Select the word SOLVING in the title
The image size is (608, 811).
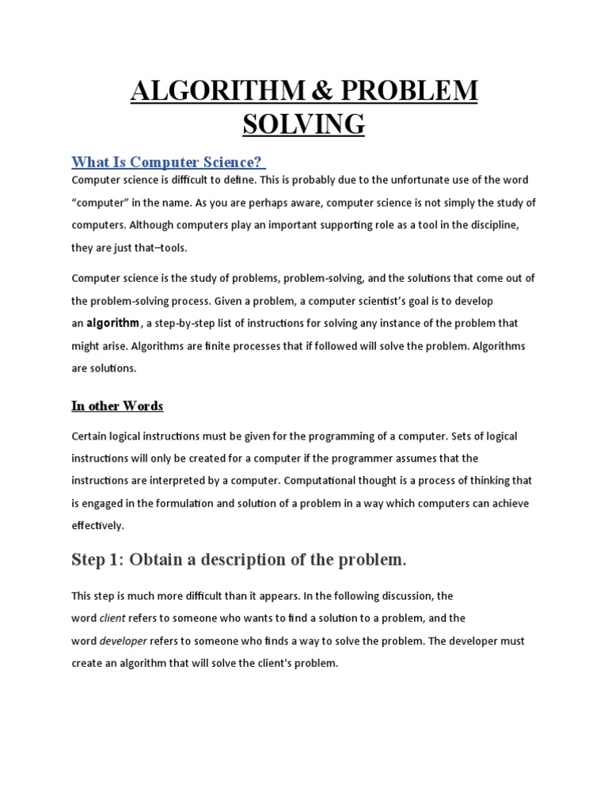[x=304, y=124]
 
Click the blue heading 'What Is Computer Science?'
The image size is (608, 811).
[x=166, y=162]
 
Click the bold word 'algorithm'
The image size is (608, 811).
[x=112, y=323]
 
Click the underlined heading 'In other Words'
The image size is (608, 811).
[x=117, y=406]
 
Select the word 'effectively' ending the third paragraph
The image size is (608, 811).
[x=98, y=525]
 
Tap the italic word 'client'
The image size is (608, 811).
[x=112, y=619]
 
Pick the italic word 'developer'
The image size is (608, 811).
[x=123, y=641]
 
